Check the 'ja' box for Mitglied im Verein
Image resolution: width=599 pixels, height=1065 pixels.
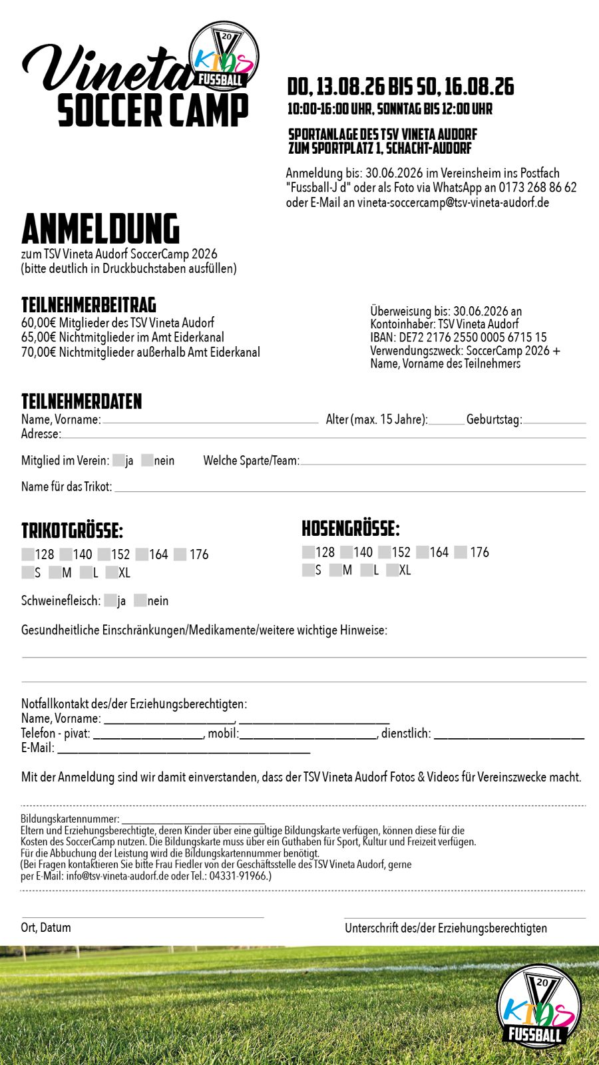118,460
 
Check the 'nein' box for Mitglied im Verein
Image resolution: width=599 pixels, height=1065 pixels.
147,460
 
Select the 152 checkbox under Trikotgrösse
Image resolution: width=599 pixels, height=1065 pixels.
104,554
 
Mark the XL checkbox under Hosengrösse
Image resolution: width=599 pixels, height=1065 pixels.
392,570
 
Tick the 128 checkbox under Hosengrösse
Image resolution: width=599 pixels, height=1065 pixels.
308,552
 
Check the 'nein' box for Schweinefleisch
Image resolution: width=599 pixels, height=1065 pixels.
140,600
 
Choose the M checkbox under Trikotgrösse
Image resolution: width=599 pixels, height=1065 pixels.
55,572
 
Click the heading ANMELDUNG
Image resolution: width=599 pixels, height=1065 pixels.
100,229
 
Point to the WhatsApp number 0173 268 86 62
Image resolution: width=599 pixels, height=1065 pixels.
538,188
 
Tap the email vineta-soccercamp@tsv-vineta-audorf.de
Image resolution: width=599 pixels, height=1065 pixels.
453,202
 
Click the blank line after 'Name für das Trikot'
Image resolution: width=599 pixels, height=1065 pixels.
349,489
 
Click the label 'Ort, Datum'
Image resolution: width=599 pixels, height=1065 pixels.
46,927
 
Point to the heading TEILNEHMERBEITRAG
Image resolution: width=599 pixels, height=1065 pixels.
89,306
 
